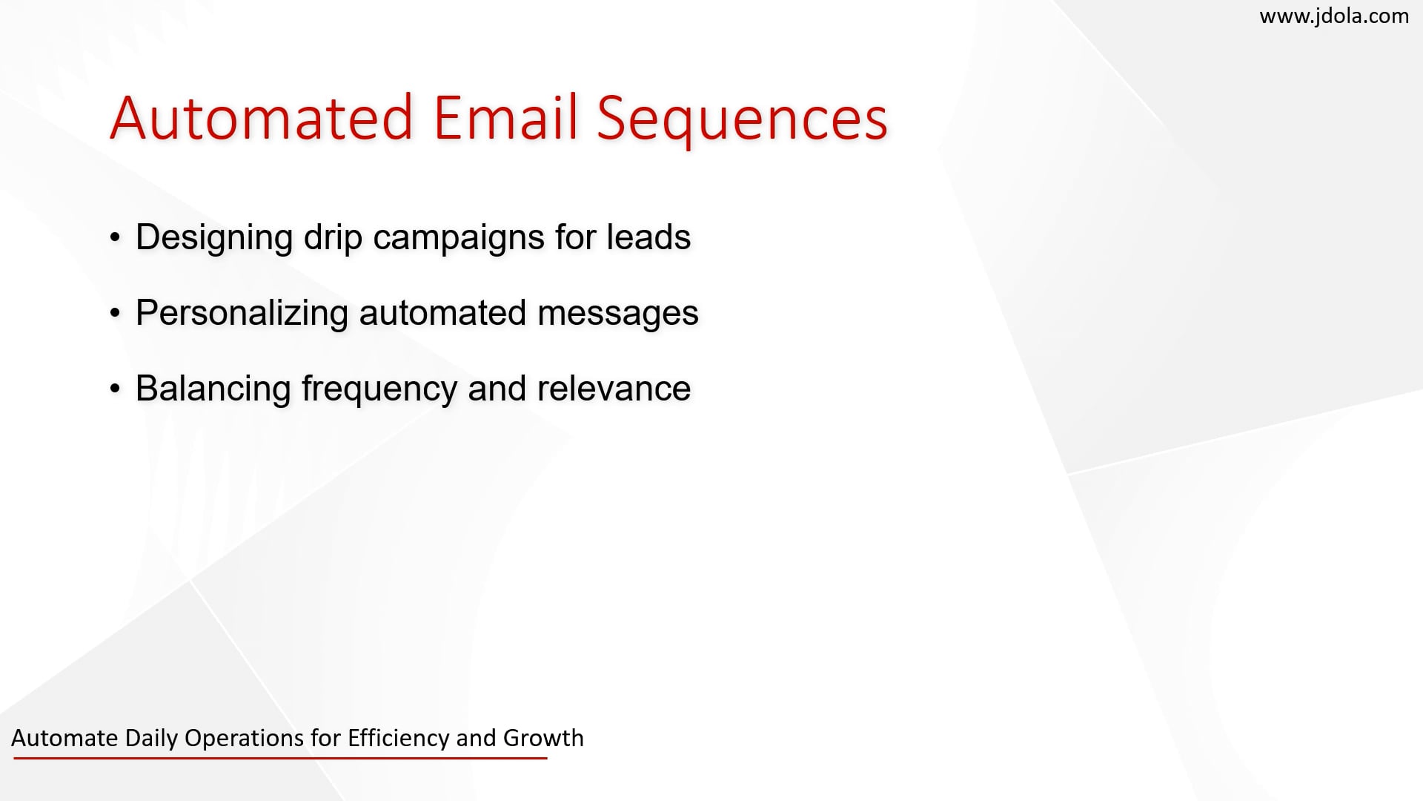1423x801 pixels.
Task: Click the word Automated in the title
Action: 261,118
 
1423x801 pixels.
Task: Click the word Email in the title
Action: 505,118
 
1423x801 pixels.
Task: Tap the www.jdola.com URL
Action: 1334,16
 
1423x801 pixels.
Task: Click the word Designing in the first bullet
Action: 214,238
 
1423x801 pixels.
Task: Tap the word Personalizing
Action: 242,314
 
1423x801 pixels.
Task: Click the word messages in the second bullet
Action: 617,314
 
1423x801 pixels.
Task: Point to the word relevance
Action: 614,389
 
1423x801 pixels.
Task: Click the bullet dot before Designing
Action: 115,238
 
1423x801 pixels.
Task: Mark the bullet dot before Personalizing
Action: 115,314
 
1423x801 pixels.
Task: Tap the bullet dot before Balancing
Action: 115,389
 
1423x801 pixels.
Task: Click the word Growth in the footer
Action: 543,738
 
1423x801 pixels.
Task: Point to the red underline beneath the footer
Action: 280,758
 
